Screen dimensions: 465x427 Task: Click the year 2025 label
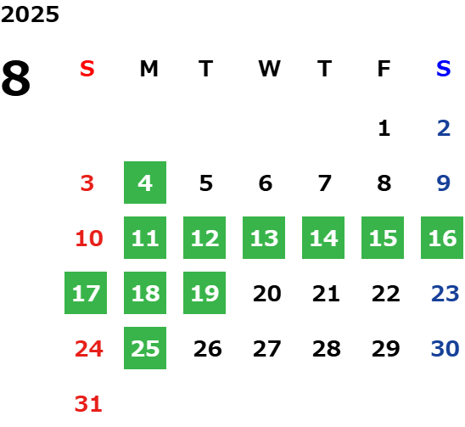30,14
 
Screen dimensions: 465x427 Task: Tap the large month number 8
16,78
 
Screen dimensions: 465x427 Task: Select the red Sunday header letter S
87,69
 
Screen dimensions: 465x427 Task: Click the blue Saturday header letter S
444,69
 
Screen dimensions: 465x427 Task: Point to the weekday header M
148,69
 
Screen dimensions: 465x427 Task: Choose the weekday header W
269,69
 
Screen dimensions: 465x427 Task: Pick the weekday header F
384,69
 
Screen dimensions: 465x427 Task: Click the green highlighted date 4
145,183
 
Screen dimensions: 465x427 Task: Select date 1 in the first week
384,128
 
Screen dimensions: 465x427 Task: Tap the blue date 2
444,128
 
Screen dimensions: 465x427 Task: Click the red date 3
87,183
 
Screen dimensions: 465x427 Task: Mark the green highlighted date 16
442,238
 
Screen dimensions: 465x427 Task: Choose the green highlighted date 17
86,293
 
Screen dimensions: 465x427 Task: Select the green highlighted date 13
264,238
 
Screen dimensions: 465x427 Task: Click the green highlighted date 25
145,348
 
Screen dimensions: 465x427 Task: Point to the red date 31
88,404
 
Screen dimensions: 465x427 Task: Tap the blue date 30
445,349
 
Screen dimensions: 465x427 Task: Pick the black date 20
267,294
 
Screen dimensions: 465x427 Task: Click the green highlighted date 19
204,293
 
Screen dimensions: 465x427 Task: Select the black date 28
327,349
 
